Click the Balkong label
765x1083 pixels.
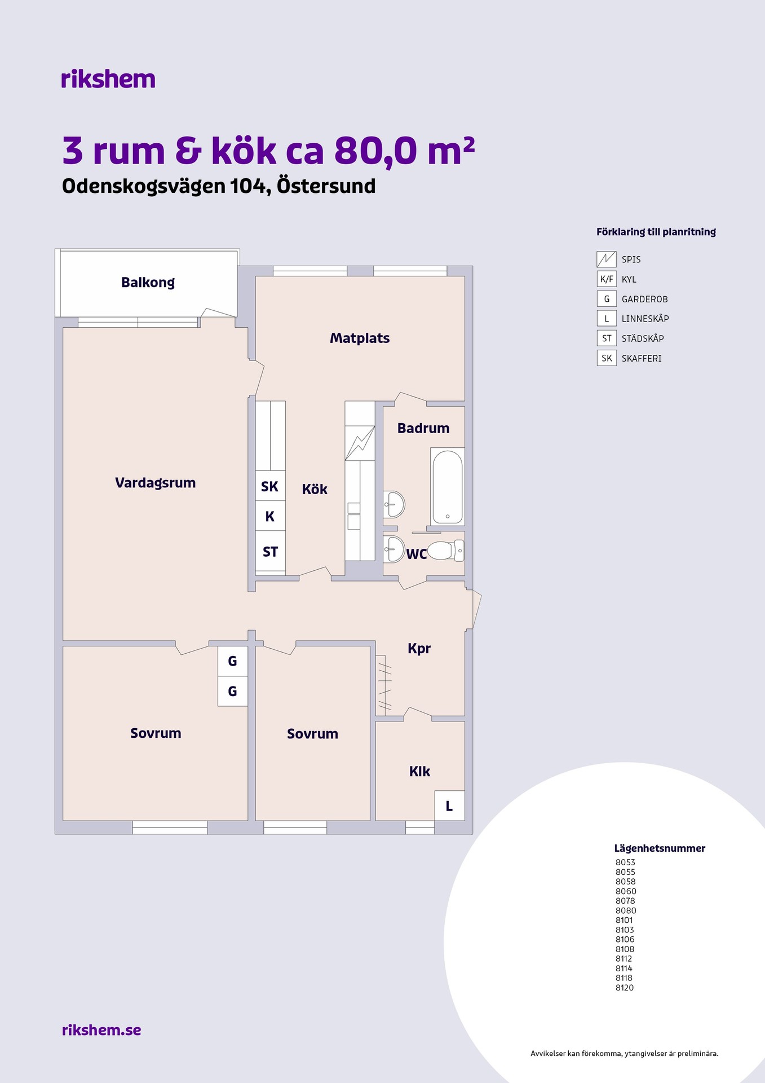(x=148, y=283)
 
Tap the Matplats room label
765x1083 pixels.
(x=360, y=338)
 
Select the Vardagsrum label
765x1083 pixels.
(x=155, y=483)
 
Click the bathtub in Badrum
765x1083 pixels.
(x=448, y=487)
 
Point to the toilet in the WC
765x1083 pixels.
(x=445, y=551)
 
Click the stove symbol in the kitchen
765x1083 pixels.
(x=360, y=443)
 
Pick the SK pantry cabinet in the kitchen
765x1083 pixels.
(x=270, y=486)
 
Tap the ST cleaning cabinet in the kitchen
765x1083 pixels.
(x=270, y=551)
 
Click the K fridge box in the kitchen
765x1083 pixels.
(x=270, y=516)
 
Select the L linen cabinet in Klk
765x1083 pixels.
(x=449, y=805)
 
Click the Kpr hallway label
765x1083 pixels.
(x=419, y=649)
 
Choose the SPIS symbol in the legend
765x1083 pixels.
(x=607, y=259)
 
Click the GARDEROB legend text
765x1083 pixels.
(x=645, y=299)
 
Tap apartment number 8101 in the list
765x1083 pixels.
(x=624, y=920)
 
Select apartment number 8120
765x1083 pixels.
(x=625, y=988)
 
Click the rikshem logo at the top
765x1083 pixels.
(x=108, y=79)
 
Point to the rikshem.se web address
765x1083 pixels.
(x=101, y=1030)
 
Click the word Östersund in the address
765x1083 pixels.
(x=326, y=186)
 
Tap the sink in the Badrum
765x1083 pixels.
(x=394, y=504)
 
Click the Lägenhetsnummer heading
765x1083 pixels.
(x=660, y=848)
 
